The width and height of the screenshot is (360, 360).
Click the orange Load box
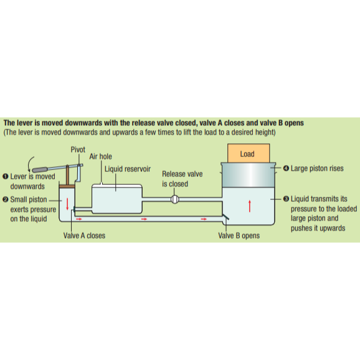pos(249,153)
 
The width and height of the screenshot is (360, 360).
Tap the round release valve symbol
pos(175,199)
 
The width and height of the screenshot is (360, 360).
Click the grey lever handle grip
pos(40,170)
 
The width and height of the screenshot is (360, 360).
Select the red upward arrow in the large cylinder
pos(250,206)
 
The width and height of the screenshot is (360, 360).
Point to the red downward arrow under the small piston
pos(67,204)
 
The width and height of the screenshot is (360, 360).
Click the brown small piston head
pos(67,186)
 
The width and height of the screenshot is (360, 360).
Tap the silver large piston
pos(248,175)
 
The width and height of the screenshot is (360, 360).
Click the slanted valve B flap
pos(225,217)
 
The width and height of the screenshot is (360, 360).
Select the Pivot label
pos(78,149)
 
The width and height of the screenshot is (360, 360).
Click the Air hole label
pos(100,156)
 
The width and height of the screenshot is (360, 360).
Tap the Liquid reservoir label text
pos(128,169)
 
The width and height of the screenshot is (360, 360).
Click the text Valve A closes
pos(84,235)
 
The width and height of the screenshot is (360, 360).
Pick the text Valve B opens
pos(239,235)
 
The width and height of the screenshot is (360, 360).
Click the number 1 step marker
pos(5,176)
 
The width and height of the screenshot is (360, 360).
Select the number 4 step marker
pos(286,168)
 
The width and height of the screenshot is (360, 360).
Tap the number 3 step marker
pos(286,199)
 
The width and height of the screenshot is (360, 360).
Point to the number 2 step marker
pos(5,199)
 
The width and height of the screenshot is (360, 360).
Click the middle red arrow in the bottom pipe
pos(144,219)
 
